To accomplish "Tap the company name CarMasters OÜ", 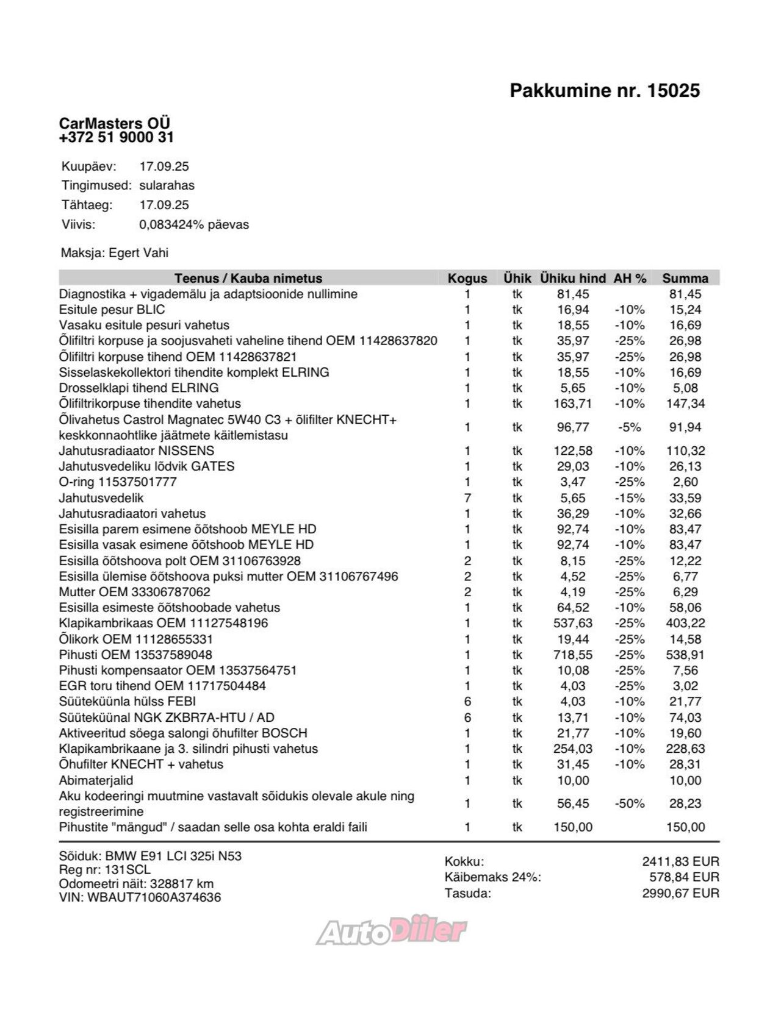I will pyautogui.click(x=114, y=123).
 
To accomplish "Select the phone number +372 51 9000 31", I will pyautogui.click(x=116, y=137).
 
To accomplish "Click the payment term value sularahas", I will pyautogui.click(x=167, y=185).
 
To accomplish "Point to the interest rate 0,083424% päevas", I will pyautogui.click(x=194, y=224).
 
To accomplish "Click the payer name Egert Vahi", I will pyautogui.click(x=139, y=253).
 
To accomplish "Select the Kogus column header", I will pyautogui.click(x=467, y=279).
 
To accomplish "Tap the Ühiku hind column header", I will pyautogui.click(x=572, y=279).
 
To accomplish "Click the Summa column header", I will pyautogui.click(x=685, y=279).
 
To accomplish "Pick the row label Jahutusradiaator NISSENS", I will pyautogui.click(x=137, y=451).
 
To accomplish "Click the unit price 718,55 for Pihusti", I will pyautogui.click(x=573, y=655).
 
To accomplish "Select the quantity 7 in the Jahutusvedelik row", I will pyautogui.click(x=467, y=498).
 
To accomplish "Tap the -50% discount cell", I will pyautogui.click(x=629, y=803).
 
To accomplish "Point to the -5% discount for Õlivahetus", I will pyautogui.click(x=629, y=427).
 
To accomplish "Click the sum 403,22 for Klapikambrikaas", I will pyautogui.click(x=685, y=623).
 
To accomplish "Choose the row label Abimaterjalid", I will pyautogui.click(x=96, y=780).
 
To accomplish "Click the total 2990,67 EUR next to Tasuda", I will pyautogui.click(x=680, y=893).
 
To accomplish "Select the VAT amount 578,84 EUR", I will pyautogui.click(x=684, y=877).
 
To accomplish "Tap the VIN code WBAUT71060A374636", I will pyautogui.click(x=154, y=897).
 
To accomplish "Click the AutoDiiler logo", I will pyautogui.click(x=391, y=931).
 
